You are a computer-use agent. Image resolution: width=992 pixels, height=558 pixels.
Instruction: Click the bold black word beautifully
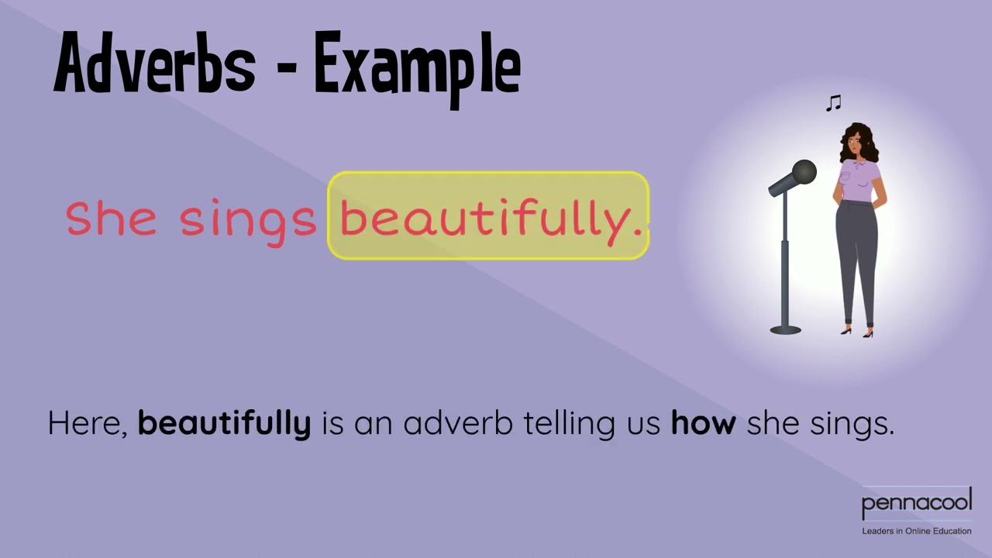pos(224,424)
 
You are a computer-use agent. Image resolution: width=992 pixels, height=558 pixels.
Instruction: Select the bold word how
pos(703,423)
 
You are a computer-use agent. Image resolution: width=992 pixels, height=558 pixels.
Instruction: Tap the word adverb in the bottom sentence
pos(457,423)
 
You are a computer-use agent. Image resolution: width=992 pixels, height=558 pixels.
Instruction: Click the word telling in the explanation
pos(569,424)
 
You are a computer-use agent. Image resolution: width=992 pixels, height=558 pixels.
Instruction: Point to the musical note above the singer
pos(834,103)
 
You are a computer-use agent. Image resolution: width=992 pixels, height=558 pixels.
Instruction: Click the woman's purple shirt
pos(859,181)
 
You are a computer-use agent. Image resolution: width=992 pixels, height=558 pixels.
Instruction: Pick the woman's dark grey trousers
pos(856,256)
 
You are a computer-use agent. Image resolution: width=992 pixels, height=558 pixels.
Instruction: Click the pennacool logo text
pos(916,504)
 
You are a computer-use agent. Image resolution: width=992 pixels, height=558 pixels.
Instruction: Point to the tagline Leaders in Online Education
pos(916,531)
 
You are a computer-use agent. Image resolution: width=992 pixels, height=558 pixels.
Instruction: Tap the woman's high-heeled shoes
pos(857,332)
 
